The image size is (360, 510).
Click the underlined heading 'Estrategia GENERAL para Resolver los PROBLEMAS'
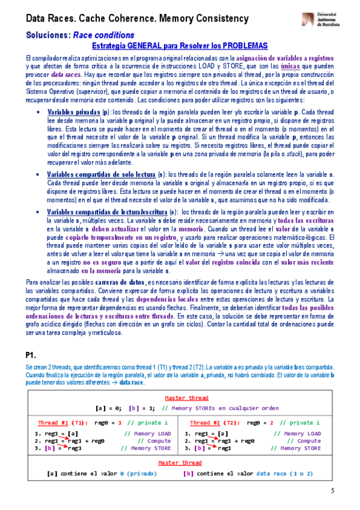click(x=180, y=46)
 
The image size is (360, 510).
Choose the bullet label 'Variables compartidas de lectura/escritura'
click(x=107, y=213)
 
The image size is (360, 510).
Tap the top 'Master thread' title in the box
click(x=187, y=398)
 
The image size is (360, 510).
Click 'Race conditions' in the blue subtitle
click(x=103, y=35)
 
